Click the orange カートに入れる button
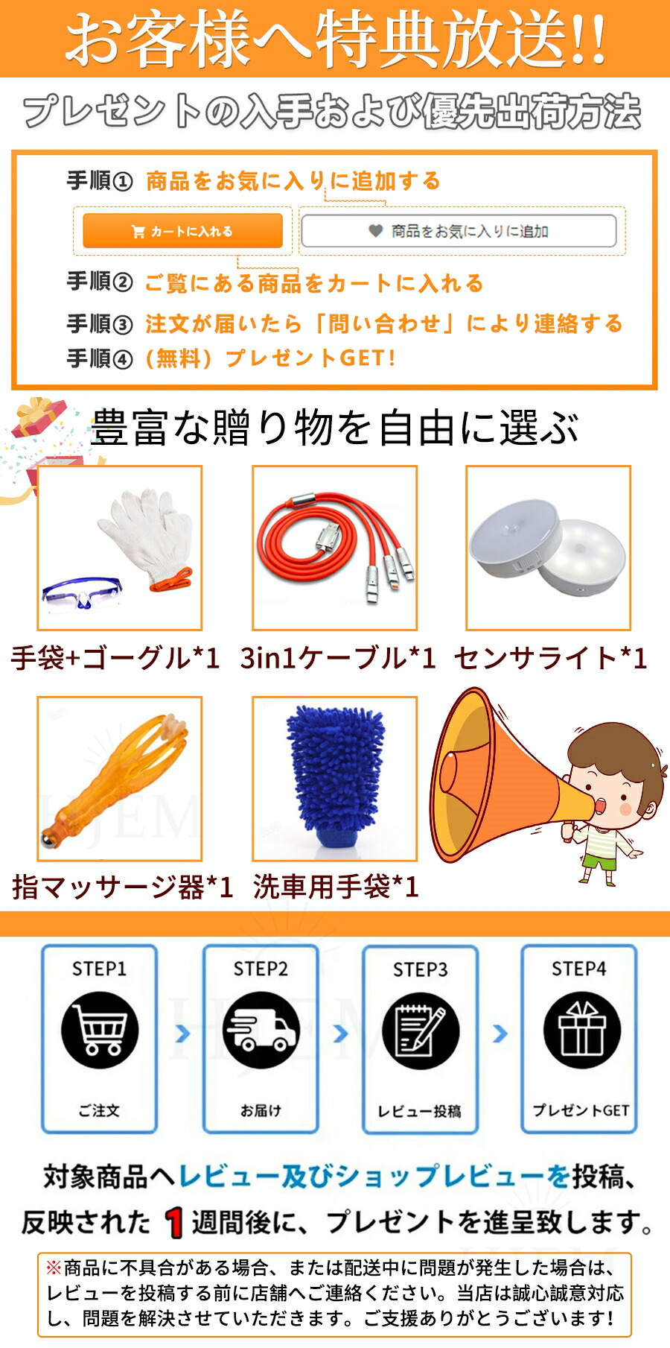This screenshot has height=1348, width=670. tap(182, 231)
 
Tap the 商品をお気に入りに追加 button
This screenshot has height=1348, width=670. tap(459, 231)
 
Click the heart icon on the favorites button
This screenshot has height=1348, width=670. tap(376, 231)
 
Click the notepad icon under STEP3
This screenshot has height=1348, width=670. tap(421, 1031)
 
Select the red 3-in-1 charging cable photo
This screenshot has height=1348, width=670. tap(334, 548)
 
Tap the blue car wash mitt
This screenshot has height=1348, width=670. tap(335, 775)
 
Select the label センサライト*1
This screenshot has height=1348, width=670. tap(551, 658)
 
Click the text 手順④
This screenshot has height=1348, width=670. tap(100, 358)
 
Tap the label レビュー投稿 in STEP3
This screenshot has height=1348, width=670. tap(420, 1111)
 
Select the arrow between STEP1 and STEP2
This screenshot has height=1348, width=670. tap(182, 1034)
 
